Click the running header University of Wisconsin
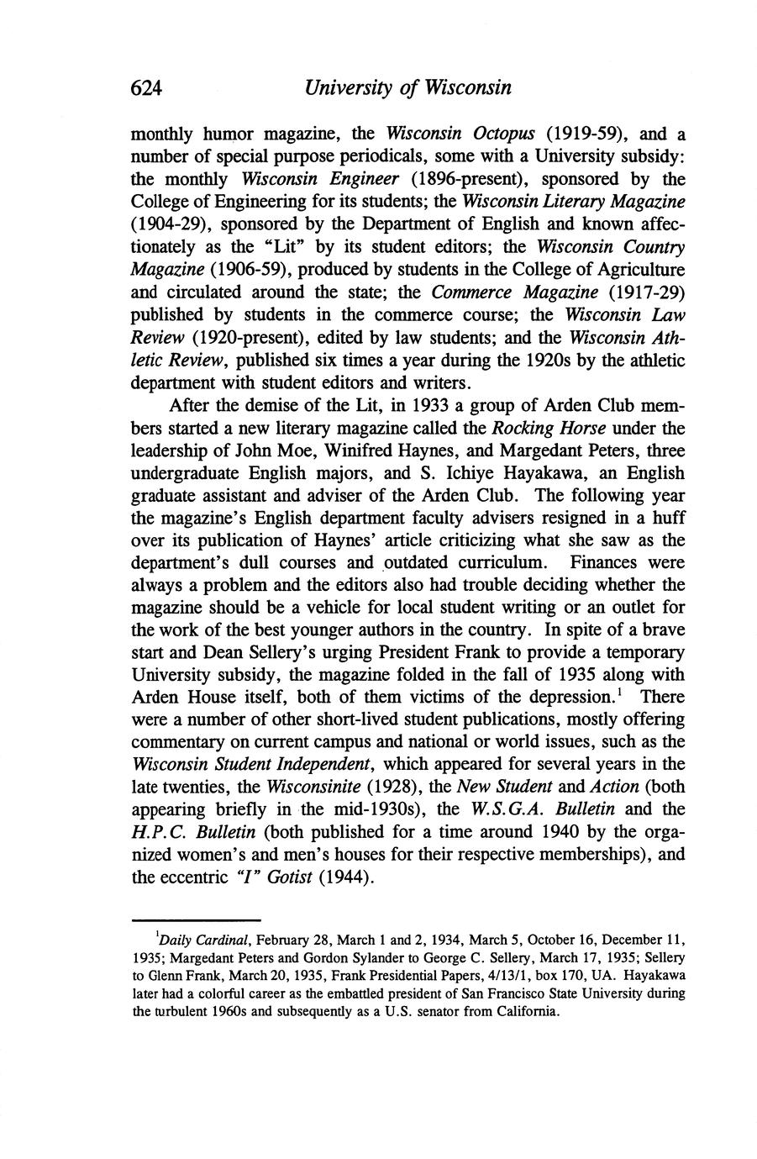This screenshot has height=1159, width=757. [408, 88]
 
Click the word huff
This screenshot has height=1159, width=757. [661, 519]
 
